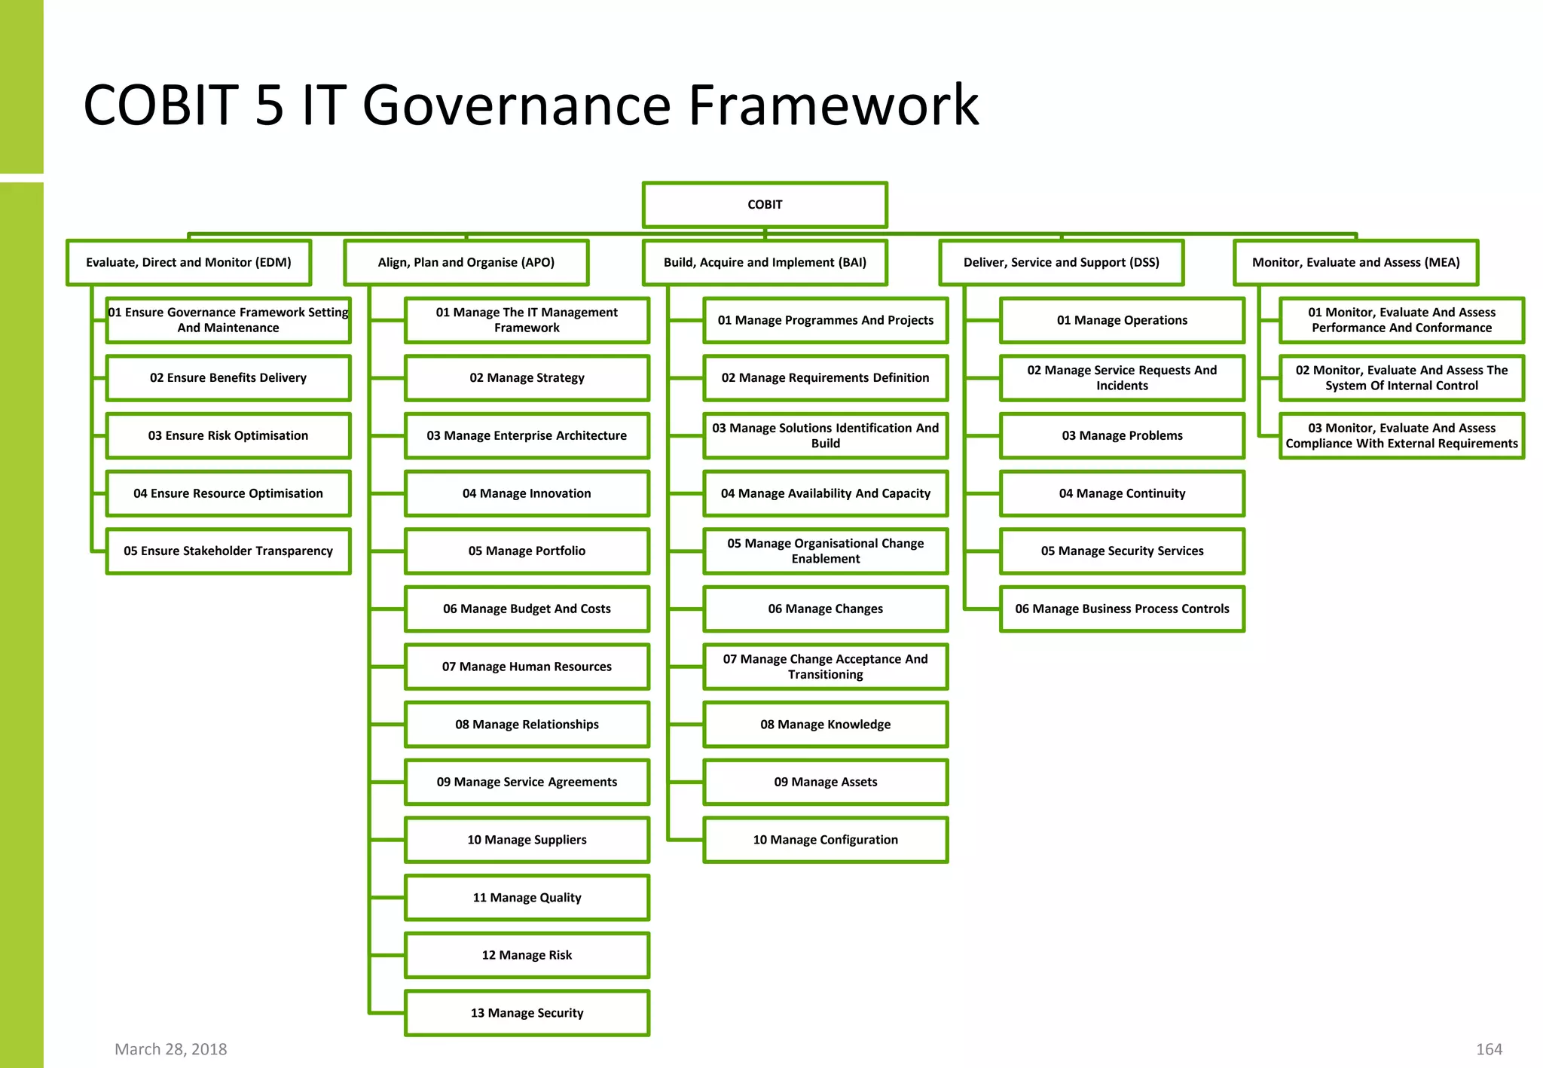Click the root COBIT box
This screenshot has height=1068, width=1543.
pyautogui.click(x=765, y=205)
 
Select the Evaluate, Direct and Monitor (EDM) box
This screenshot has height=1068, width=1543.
pyautogui.click(x=188, y=263)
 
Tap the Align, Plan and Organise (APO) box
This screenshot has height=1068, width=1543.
pyautogui.click(x=466, y=263)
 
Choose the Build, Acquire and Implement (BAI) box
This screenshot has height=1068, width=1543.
pyautogui.click(x=765, y=263)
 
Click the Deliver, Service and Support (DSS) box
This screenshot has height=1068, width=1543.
pyautogui.click(x=1061, y=263)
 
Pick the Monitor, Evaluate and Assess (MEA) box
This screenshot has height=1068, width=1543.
pyautogui.click(x=1355, y=263)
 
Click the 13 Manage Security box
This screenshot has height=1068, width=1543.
pyautogui.click(x=527, y=1013)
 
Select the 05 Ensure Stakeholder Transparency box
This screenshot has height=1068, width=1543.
pyautogui.click(x=228, y=551)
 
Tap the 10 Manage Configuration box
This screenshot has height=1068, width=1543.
pyautogui.click(x=825, y=840)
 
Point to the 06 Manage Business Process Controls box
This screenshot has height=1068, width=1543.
pyautogui.click(x=1122, y=609)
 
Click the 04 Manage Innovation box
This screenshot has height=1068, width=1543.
pyautogui.click(x=527, y=493)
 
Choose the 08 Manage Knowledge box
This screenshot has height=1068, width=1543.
pyautogui.click(x=825, y=725)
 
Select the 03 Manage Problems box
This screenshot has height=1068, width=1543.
pyautogui.click(x=1122, y=436)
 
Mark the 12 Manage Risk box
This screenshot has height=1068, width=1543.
pyautogui.click(x=527, y=955)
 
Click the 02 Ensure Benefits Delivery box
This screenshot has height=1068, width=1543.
pyautogui.click(x=228, y=378)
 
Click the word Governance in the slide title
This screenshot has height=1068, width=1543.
pyautogui.click(x=516, y=105)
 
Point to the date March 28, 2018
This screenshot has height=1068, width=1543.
pyautogui.click(x=170, y=1049)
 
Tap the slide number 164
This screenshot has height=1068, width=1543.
pyautogui.click(x=1489, y=1049)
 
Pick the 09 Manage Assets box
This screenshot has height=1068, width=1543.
pyautogui.click(x=825, y=782)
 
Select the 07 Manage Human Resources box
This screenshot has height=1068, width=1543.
pyautogui.click(x=527, y=667)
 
